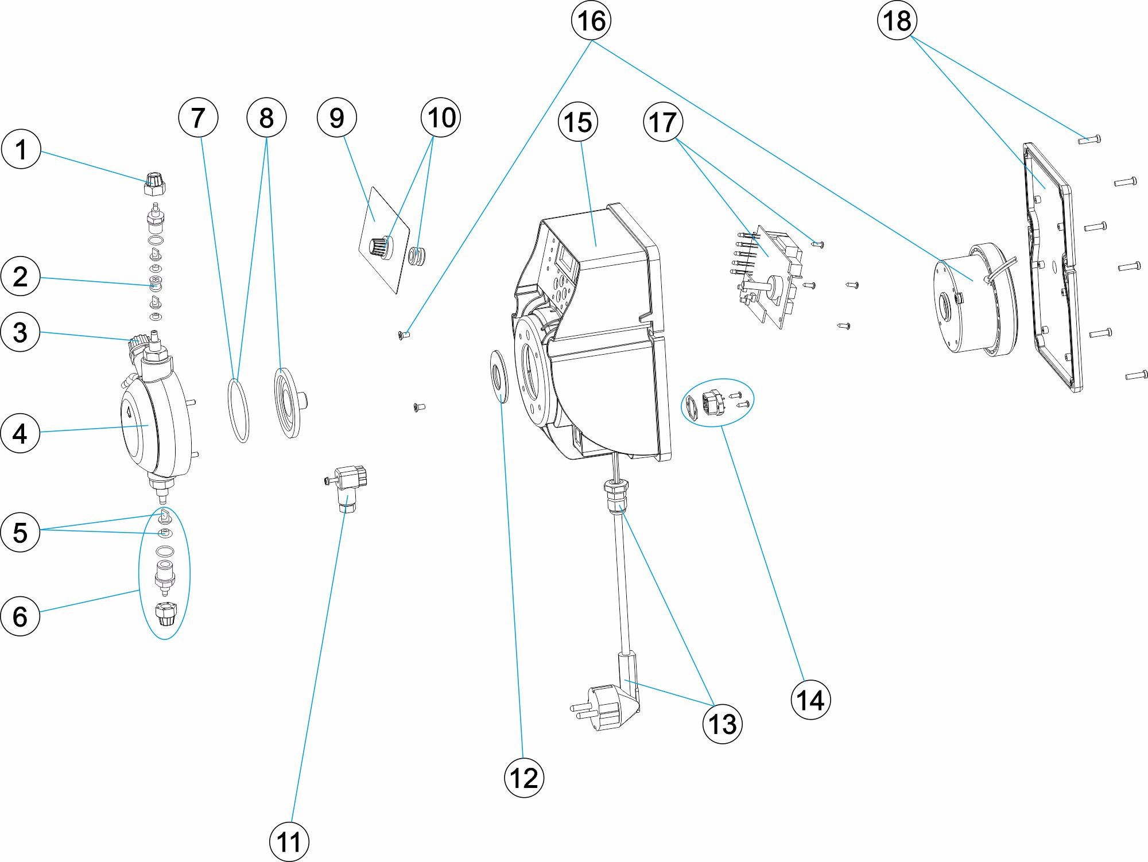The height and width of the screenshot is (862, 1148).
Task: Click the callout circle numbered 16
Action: pos(591,21)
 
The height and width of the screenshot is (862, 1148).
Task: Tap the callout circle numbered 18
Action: pos(897,21)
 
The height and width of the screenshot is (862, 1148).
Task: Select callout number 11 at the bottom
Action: pos(289,842)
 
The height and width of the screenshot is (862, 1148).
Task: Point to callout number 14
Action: pos(810,700)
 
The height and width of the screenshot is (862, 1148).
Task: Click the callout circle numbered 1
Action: pos(21,149)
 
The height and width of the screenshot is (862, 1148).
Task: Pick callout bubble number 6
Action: pos(20,616)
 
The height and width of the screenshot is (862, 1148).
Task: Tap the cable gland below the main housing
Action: pos(615,497)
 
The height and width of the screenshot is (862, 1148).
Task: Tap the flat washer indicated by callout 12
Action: pos(499,378)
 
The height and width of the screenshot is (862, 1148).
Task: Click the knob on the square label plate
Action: pos(380,247)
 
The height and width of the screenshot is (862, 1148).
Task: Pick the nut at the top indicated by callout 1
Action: pos(154,184)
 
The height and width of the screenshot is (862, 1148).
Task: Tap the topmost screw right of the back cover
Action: pos(1089,139)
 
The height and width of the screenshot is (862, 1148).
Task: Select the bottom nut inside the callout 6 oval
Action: pos(165,615)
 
